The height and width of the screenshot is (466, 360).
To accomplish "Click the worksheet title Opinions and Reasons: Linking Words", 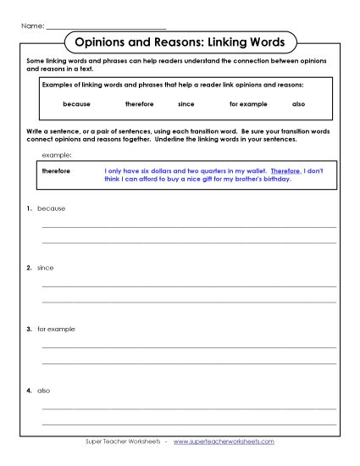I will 180,42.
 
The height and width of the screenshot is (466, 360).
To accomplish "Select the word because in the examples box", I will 76,104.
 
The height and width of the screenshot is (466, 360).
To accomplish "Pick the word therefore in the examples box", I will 139,104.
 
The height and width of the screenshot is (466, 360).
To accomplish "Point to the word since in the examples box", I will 186,104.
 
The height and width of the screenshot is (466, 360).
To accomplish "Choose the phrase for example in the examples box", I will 246,104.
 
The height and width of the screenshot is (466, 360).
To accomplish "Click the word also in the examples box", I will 298,104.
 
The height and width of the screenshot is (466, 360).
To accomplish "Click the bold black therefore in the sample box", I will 57,170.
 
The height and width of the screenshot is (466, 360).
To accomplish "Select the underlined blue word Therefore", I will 284,170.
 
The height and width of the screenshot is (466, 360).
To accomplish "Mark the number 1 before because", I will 28,208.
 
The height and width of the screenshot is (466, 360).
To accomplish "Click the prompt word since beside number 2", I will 45,268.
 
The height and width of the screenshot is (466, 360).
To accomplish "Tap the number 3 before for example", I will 28,328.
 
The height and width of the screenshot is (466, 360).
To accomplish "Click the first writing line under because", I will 189,227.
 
